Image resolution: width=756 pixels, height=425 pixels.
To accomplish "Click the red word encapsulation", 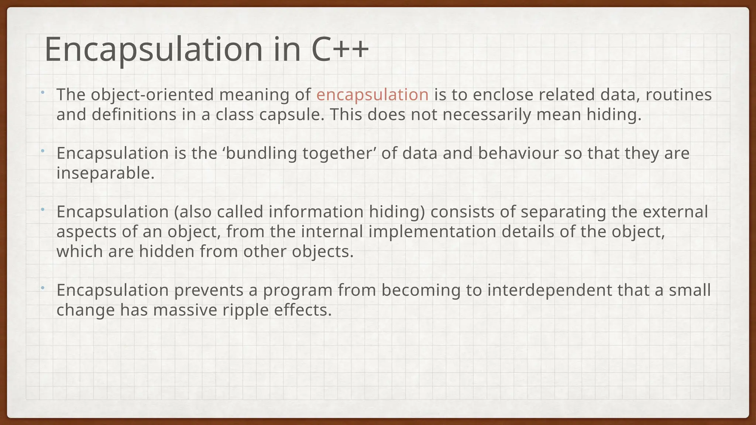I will coord(372,95).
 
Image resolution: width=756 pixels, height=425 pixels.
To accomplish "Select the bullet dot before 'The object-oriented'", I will coord(43,92).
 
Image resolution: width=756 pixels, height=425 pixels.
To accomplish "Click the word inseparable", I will coord(105,173).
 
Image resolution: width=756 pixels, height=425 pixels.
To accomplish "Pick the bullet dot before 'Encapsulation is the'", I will coord(43,151).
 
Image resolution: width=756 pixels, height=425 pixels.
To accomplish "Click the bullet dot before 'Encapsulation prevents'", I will coord(43,287).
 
